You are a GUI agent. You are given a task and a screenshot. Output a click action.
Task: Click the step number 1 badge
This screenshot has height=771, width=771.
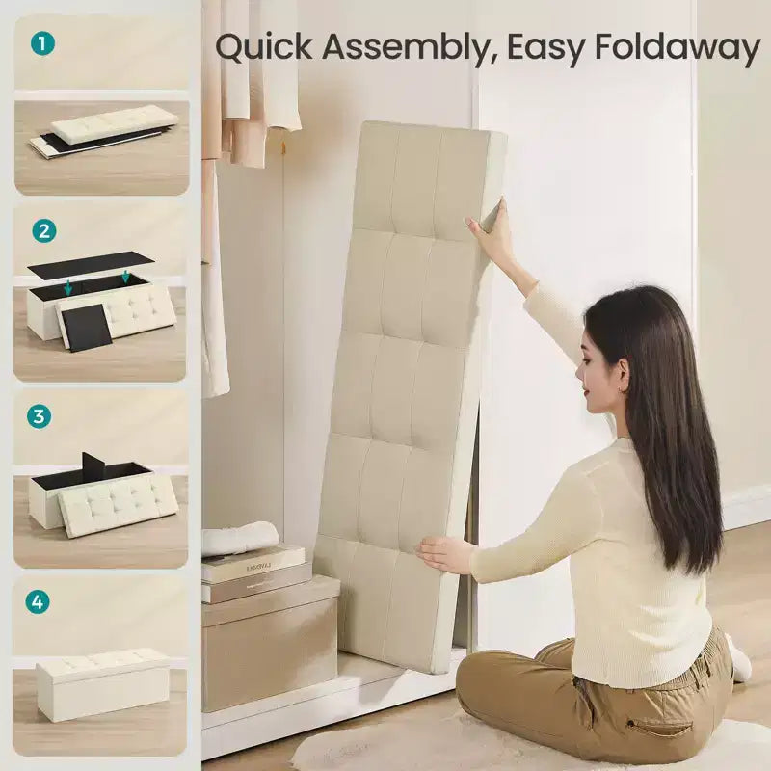[x=42, y=43]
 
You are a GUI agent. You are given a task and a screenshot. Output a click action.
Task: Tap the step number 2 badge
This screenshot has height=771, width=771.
[x=44, y=230]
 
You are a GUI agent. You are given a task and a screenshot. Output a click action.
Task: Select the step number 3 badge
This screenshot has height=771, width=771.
[x=39, y=416]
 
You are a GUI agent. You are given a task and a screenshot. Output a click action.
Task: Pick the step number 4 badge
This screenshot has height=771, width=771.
[x=38, y=601]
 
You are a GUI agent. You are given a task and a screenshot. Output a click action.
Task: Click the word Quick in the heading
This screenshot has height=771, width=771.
[x=264, y=47]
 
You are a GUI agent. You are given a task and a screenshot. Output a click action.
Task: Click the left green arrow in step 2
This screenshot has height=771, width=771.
[x=67, y=287]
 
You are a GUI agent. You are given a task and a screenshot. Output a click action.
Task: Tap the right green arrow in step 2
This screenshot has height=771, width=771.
[x=125, y=276]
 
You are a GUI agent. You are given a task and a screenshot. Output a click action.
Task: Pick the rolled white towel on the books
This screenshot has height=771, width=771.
[x=240, y=539]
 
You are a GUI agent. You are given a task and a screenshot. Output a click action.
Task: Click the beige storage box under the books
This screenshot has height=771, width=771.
[x=271, y=644]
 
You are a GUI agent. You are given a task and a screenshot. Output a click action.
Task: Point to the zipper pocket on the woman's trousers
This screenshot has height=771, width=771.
[x=652, y=726]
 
